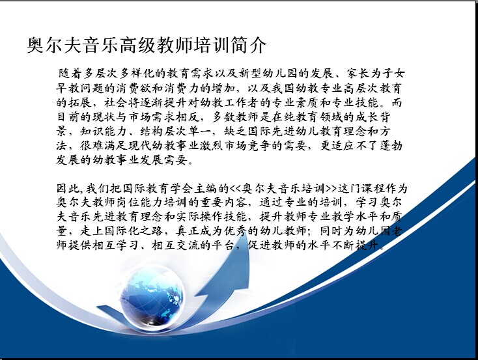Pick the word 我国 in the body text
pyautogui.click(x=283, y=88)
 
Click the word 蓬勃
pyautogui.click(x=391, y=145)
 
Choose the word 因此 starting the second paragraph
pyautogui.click(x=68, y=188)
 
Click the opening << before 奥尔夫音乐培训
pyautogui.click(x=235, y=189)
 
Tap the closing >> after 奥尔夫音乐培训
pyautogui.click(x=331, y=189)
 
